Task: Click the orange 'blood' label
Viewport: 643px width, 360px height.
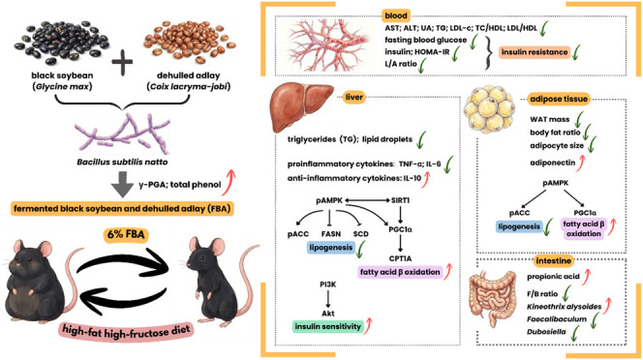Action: coord(396,16)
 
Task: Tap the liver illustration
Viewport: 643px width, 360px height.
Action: coord(302,106)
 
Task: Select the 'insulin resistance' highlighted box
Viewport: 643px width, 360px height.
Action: coord(535,52)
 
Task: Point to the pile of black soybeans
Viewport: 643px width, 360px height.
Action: coord(62,43)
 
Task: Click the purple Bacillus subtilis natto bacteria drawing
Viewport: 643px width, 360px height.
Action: coord(123,133)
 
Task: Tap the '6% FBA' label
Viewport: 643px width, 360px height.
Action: coord(125,235)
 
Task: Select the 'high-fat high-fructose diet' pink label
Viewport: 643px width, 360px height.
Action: coord(126,330)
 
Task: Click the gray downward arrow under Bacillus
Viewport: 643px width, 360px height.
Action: coord(122,184)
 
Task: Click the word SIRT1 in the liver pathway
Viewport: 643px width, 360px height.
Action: coord(400,200)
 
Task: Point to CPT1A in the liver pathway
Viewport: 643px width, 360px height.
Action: coord(400,258)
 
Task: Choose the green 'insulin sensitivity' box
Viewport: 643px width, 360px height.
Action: coord(327,326)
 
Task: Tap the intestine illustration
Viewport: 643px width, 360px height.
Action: coord(493,298)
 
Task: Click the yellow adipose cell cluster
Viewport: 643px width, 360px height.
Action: coord(489,109)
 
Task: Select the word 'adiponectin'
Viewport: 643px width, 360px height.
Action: coord(552,163)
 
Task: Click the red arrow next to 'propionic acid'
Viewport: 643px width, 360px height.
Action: coord(586,277)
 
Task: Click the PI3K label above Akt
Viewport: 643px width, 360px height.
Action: coord(328,285)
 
